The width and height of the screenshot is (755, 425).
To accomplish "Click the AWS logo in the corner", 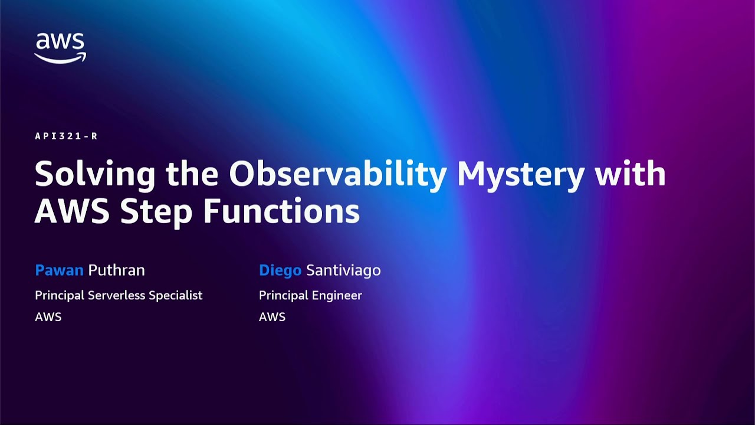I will [60, 48].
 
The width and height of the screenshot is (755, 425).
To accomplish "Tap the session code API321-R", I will [66, 136].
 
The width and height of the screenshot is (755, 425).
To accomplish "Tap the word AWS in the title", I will [73, 211].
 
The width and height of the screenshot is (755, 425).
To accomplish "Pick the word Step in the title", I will [156, 212].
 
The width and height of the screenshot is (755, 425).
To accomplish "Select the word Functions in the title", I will [281, 211].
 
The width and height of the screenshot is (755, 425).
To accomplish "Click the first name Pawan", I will [59, 270].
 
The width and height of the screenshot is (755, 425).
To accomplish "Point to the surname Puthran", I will [116, 270].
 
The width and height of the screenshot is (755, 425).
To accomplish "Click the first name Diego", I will [280, 270].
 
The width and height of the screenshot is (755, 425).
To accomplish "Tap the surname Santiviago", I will [343, 270].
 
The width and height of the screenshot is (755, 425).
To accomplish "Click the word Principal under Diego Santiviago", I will [282, 296].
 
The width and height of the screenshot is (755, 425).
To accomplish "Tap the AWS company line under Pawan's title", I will [48, 317].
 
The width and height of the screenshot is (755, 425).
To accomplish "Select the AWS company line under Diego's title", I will [272, 317].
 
